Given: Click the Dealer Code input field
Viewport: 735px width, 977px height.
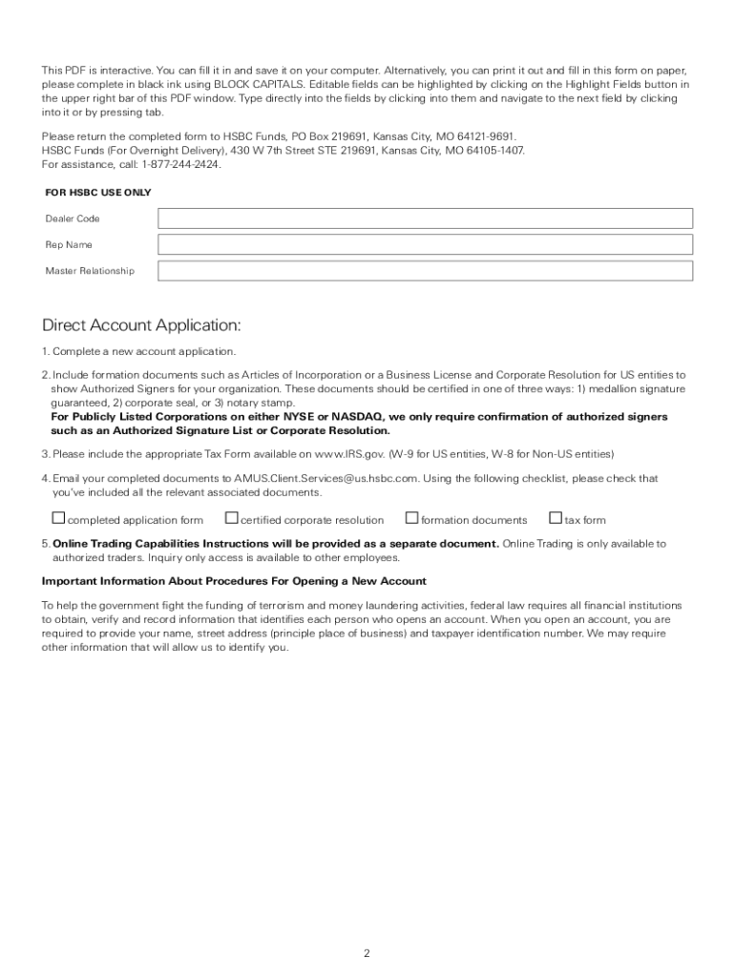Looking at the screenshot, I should [x=425, y=218].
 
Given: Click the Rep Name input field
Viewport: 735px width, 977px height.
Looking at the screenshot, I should [x=425, y=245].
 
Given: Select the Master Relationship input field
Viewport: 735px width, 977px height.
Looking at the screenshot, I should [x=425, y=271].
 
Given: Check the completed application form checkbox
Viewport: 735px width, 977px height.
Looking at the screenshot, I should [x=58, y=519].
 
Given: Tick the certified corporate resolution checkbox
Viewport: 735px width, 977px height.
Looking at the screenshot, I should [x=231, y=519].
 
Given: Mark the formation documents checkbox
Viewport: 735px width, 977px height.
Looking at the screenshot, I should [x=411, y=519].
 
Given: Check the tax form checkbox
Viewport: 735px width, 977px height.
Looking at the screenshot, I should [x=556, y=519].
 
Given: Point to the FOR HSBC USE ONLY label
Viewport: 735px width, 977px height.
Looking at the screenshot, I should [x=97, y=193].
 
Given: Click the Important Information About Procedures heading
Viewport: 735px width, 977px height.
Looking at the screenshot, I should [x=234, y=581].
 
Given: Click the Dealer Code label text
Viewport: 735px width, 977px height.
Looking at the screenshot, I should [x=73, y=219].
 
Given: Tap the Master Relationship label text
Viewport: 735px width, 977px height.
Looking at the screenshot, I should [x=90, y=271].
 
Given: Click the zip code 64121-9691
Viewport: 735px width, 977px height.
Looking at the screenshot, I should [x=487, y=137].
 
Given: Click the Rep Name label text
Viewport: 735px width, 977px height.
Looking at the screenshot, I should [x=69, y=245].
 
